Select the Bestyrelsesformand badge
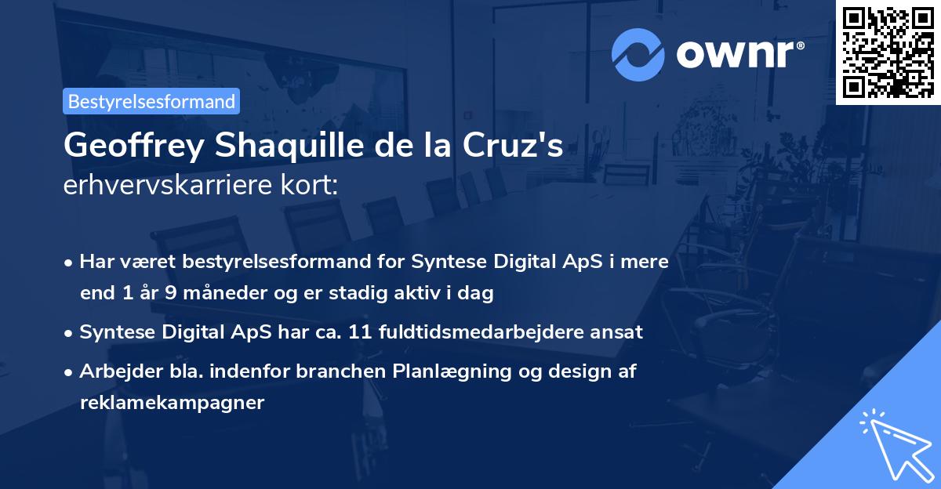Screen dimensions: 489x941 point(151,101)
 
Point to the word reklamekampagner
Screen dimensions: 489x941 point(173,403)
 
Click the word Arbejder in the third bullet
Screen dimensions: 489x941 point(114,371)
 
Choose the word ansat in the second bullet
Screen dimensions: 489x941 point(619,332)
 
